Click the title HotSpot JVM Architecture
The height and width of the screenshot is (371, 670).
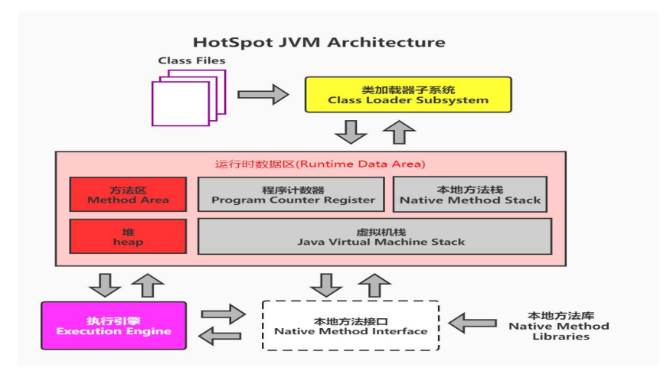(319, 42)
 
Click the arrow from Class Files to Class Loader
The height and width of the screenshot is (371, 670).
(263, 94)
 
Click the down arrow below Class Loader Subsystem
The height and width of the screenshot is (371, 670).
(352, 132)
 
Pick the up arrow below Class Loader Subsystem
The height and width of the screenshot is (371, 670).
(399, 132)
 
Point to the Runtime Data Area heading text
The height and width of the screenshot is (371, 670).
(320, 164)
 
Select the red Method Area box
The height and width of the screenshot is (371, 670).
(128, 194)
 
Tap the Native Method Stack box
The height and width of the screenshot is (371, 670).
(470, 194)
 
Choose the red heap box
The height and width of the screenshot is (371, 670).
(128, 236)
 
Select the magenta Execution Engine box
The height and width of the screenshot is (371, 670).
(113, 326)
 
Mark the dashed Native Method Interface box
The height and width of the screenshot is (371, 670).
(351, 326)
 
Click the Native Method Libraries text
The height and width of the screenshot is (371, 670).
(559, 326)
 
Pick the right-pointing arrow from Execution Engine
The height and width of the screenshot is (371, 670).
(223, 314)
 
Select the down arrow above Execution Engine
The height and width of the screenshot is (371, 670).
(104, 284)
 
